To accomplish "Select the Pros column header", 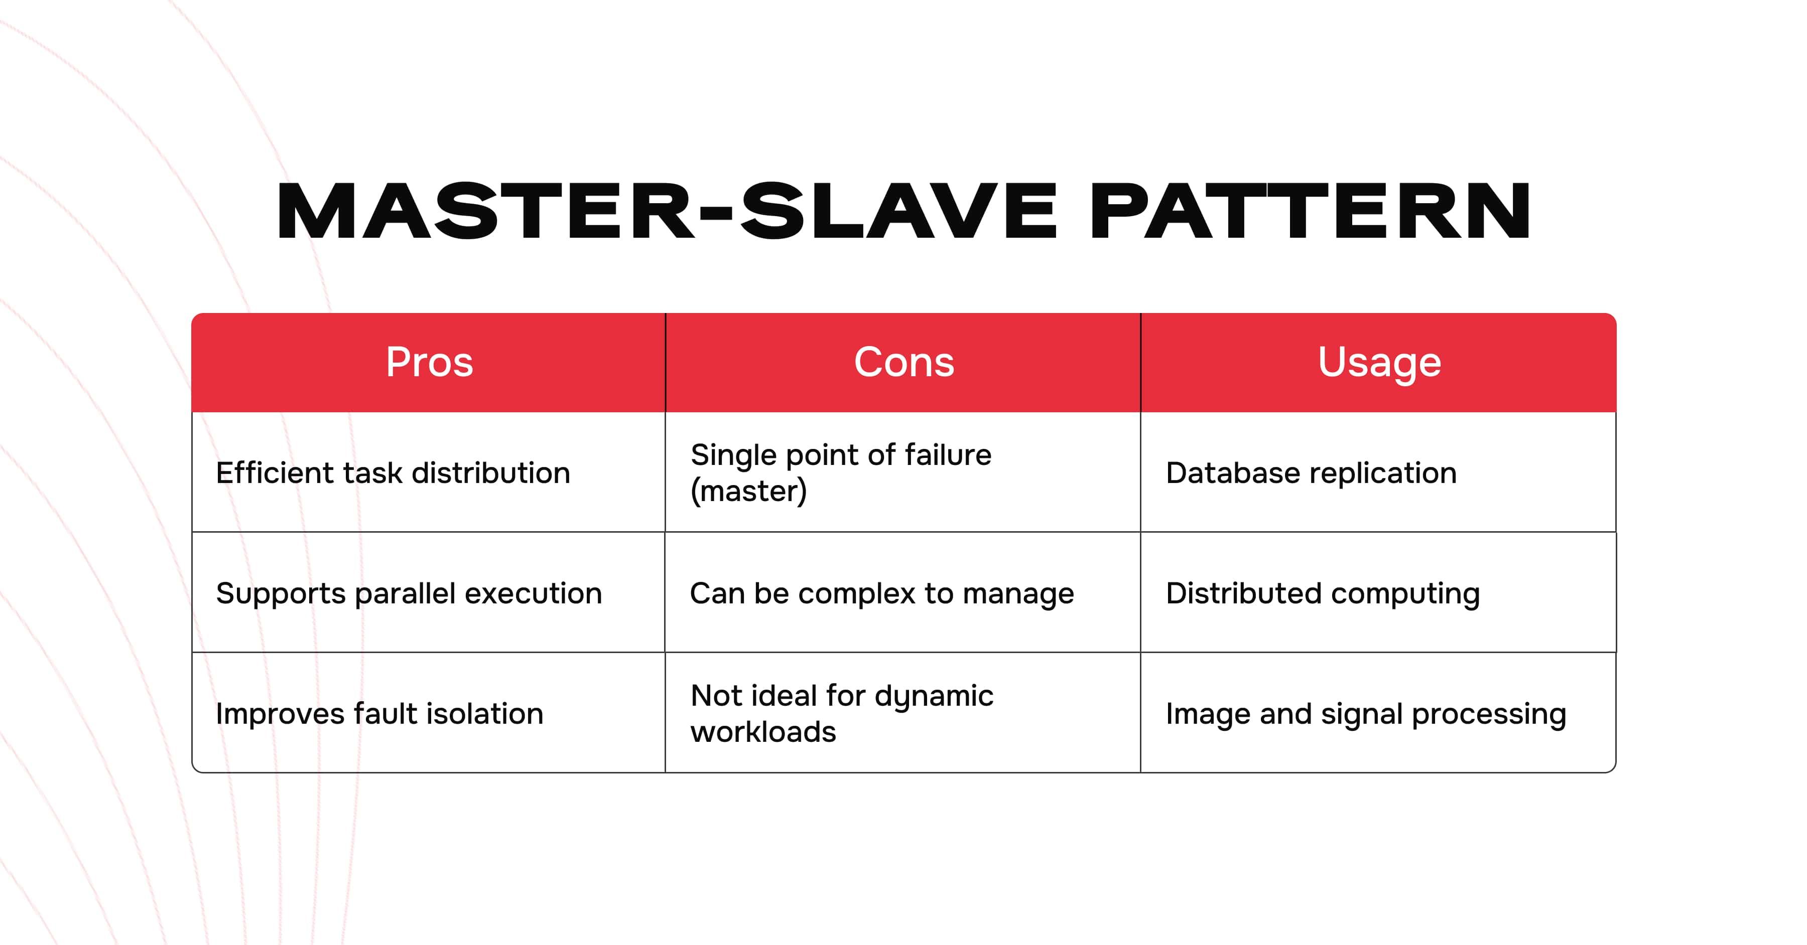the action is (x=429, y=363).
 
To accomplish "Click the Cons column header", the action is (x=903, y=363).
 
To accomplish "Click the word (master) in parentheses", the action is (x=748, y=491).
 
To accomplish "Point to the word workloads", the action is (x=763, y=732).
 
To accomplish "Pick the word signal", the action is (x=1362, y=714).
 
